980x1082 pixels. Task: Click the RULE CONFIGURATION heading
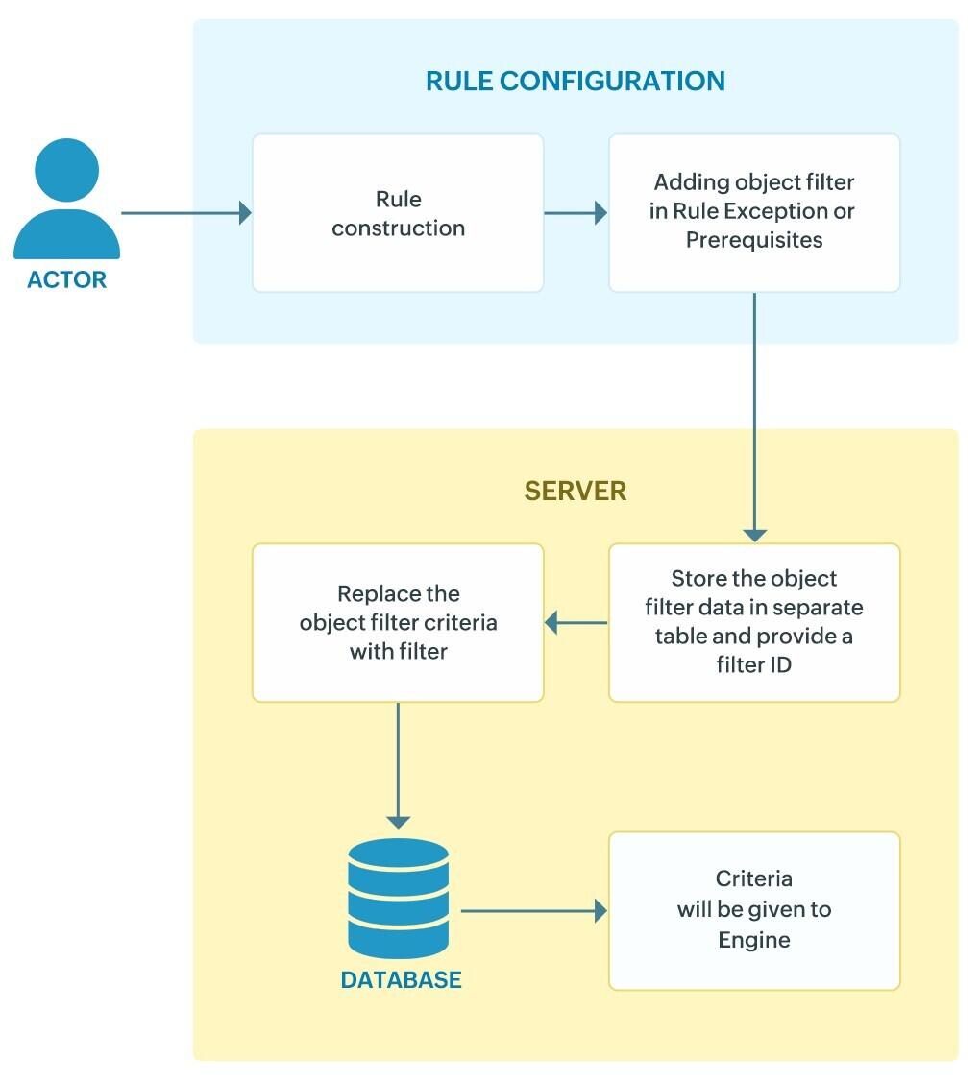pos(575,81)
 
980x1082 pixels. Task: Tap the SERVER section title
pos(575,492)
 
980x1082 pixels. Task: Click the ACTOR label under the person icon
pos(66,280)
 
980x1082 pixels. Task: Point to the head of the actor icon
pos(66,171)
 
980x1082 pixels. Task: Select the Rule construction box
pos(398,213)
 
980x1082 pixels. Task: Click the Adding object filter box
pos(754,212)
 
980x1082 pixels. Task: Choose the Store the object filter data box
pos(754,622)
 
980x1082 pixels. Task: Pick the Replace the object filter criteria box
pos(398,622)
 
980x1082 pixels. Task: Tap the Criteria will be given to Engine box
pos(754,910)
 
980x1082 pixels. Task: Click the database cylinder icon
pos(398,899)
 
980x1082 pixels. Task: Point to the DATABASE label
pos(401,980)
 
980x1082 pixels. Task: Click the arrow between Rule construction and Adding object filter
pos(576,213)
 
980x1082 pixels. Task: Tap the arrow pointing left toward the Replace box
pos(576,623)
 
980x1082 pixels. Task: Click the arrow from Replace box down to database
pos(398,764)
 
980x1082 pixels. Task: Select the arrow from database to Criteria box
pos(534,910)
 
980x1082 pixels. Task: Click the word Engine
pos(754,940)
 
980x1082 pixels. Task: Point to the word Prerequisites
pos(754,240)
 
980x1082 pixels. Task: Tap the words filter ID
pos(754,663)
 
